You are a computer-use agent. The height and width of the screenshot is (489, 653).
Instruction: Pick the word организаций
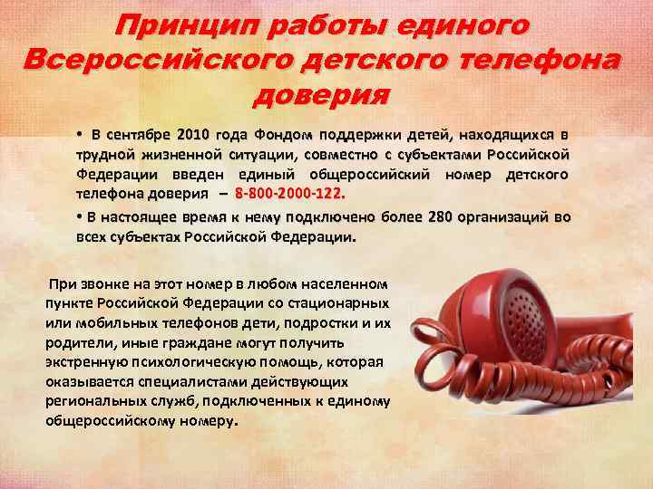(512, 216)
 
